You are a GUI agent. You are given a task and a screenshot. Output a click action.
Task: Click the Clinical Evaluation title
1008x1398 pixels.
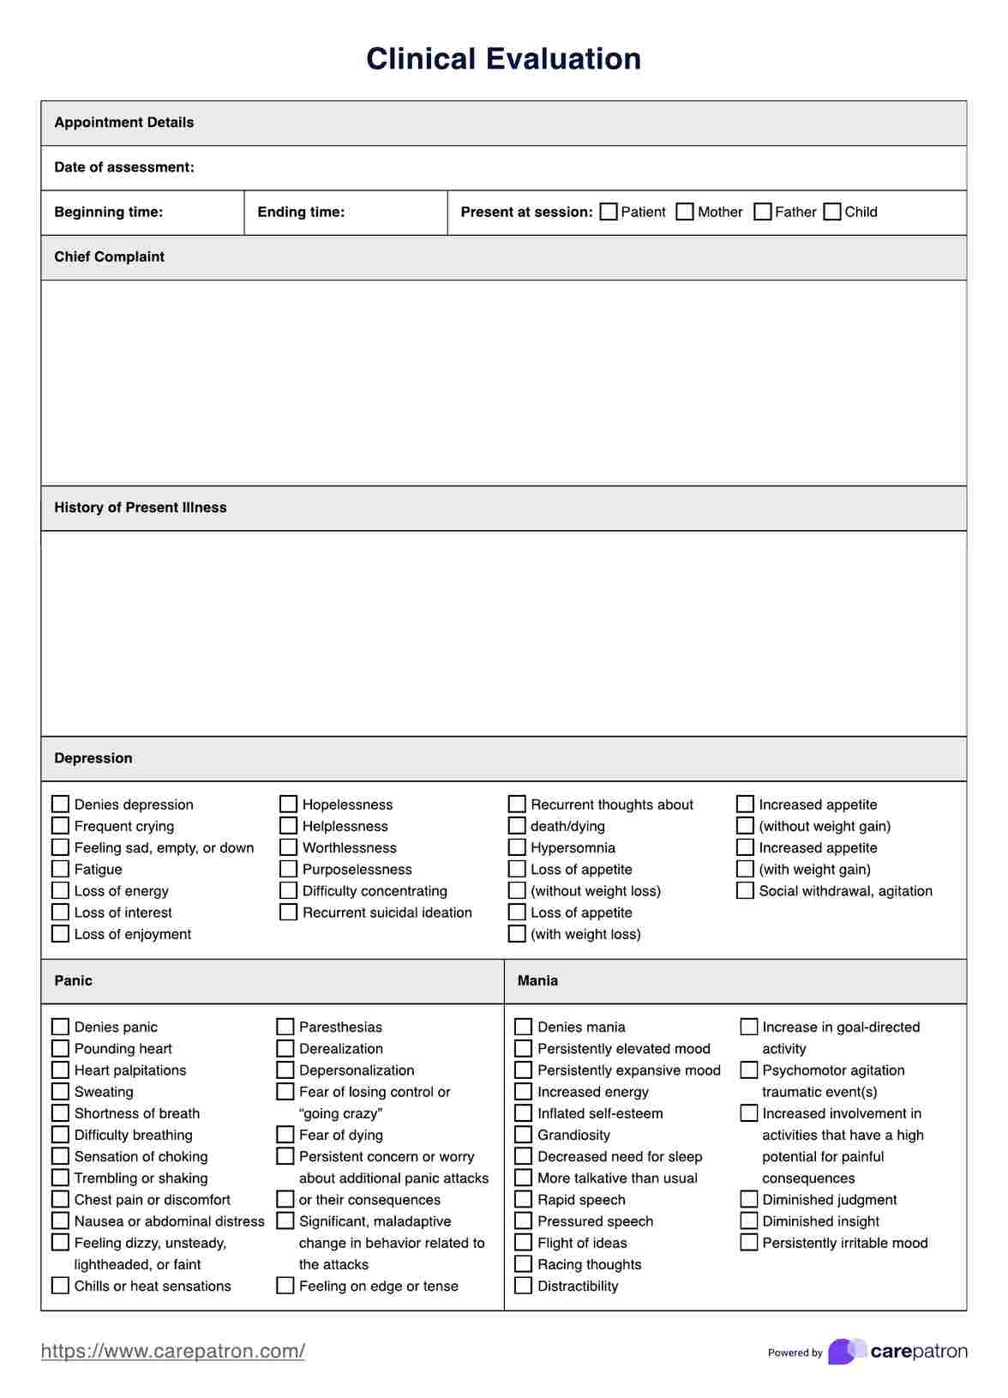tap(503, 58)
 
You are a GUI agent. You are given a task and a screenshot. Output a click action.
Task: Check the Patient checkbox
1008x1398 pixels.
tap(609, 212)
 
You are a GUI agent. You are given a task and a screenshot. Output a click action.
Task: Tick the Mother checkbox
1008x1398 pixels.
tap(685, 212)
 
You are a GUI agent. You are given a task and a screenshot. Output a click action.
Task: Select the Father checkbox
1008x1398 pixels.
tap(763, 212)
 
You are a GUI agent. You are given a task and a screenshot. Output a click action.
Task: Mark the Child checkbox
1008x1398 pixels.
tap(832, 212)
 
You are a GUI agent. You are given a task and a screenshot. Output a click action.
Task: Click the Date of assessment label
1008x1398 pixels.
tap(124, 167)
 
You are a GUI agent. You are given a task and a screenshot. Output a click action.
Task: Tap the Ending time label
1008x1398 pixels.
tap(301, 212)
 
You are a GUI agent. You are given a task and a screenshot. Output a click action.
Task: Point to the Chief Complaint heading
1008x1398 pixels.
tap(109, 256)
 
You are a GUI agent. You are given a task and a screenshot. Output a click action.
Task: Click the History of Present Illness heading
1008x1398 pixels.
tap(141, 507)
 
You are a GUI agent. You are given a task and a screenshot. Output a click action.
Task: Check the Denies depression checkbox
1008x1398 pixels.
tap(60, 804)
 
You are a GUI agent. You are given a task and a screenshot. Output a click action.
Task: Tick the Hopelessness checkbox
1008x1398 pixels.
tap(288, 804)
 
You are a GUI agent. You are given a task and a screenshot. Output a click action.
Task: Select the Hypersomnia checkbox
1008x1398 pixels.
tap(517, 847)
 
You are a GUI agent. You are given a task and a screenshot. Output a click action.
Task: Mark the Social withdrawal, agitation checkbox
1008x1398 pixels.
tap(745, 890)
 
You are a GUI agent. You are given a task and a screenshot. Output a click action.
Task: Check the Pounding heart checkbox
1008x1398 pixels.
tap(60, 1048)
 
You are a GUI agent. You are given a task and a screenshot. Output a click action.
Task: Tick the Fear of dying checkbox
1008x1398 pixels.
tap(285, 1135)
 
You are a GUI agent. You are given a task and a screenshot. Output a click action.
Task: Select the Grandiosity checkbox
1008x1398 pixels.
tap(523, 1135)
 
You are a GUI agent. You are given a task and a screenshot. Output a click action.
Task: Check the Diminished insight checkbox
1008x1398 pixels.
tap(748, 1221)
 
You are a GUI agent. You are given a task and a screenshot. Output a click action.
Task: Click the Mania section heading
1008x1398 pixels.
tap(537, 980)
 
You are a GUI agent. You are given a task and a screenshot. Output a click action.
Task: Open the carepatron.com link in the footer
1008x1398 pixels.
tap(173, 1351)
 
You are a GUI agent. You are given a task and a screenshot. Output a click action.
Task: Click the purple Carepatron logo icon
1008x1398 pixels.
tap(846, 1351)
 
